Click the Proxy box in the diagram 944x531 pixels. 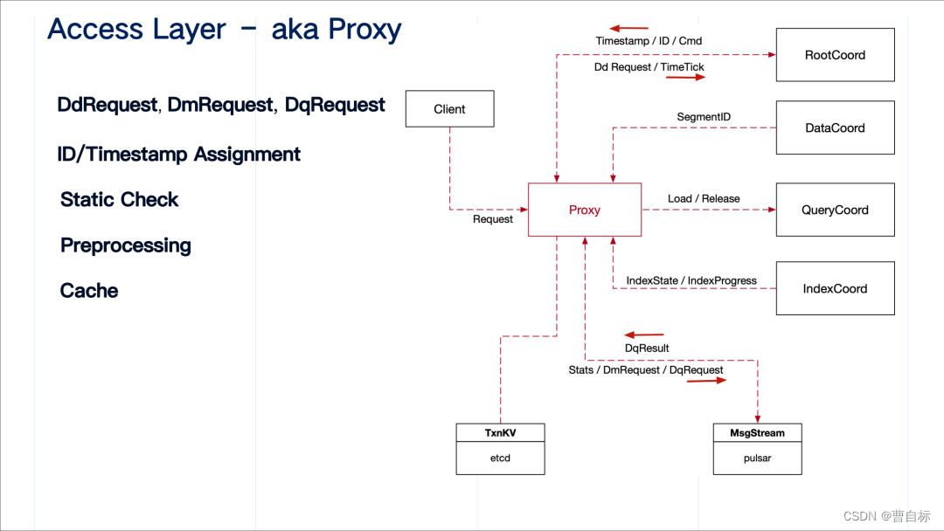(585, 210)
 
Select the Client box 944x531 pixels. (449, 109)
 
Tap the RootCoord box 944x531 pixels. (835, 55)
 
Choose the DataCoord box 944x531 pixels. (835, 128)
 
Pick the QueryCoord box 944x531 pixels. (835, 210)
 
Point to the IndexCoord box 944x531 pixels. (835, 288)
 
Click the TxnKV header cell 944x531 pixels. (500, 432)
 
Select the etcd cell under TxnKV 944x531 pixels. (500, 458)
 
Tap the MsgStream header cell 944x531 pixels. (757, 432)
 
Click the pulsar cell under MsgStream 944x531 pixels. (757, 458)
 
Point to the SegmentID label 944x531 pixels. (704, 117)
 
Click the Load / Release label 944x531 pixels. (704, 198)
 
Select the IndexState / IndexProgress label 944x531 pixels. (691, 280)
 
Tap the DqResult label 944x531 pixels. (647, 348)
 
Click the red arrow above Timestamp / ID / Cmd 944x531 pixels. (629, 28)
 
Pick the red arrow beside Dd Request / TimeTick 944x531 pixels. (685, 78)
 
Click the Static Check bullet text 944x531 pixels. (119, 200)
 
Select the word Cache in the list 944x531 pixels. (89, 291)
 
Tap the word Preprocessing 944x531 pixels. (126, 245)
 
